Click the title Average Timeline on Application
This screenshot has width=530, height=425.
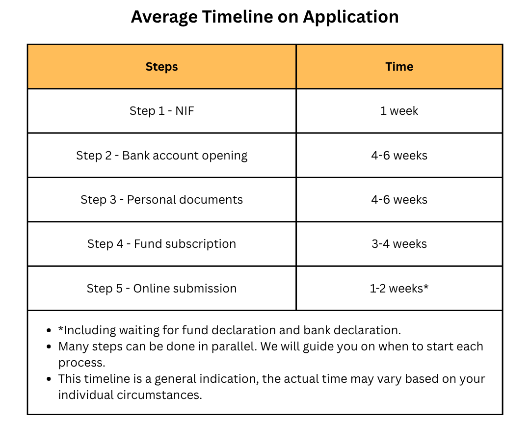[x=265, y=17]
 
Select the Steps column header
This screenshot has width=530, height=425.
[x=161, y=67]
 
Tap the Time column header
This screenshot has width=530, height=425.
[x=399, y=67]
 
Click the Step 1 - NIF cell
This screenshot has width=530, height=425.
[x=161, y=111]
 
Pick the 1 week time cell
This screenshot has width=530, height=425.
[x=399, y=111]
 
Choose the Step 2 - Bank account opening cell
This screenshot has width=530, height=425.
[x=161, y=156]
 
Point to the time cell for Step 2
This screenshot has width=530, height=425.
[x=399, y=156]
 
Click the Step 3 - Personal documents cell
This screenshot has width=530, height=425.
[x=161, y=199]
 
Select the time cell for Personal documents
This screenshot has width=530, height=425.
[x=399, y=199]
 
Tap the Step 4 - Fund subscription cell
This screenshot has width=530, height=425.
[x=161, y=244]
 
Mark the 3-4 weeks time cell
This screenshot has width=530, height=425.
[x=399, y=244]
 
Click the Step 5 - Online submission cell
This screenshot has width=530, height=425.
[x=161, y=289]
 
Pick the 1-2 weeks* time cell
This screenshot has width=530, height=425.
[x=399, y=289]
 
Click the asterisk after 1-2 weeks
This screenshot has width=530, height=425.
[x=426, y=287]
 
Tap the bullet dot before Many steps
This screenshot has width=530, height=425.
[x=50, y=346]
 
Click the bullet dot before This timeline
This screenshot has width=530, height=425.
[x=50, y=379]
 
